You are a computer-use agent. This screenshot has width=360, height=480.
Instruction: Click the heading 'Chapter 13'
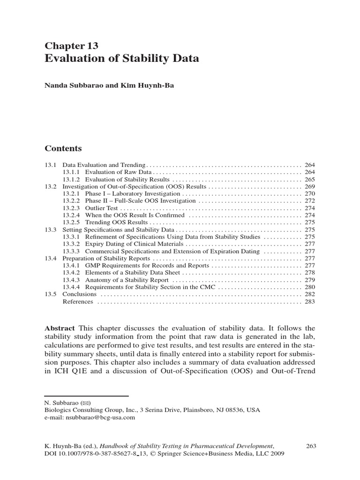[x=71, y=45]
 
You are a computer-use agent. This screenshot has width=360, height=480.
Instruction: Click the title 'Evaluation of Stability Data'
[x=122, y=59]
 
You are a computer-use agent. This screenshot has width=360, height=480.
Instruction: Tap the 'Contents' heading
[x=63, y=149]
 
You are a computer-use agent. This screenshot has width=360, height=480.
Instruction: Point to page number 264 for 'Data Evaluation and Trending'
[x=309, y=165]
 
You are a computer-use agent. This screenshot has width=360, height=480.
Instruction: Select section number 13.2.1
[x=71, y=194]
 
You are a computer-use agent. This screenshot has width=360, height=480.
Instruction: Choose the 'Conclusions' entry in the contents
[x=80, y=294]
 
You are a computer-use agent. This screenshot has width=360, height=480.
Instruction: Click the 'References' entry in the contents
[x=78, y=302]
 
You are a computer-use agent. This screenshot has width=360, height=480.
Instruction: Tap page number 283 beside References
[x=309, y=302]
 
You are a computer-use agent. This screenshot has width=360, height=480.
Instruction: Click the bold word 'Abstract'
[x=60, y=328]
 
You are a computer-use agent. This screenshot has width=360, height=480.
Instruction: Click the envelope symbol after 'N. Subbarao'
[x=86, y=403]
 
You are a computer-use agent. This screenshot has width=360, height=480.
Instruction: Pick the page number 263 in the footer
[x=311, y=445]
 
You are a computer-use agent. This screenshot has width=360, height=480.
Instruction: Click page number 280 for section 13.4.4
[x=309, y=287]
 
